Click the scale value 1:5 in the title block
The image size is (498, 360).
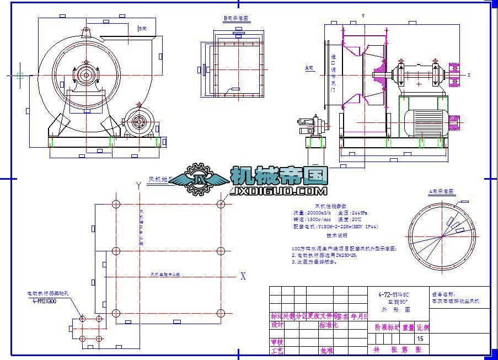[421, 338]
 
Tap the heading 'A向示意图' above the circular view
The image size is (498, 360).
[441, 192]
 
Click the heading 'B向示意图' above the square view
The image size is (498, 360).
[236, 18]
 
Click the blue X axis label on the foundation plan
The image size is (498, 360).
[243, 277]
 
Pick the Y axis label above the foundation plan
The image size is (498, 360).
[138, 186]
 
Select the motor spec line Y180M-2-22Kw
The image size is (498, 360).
[336, 227]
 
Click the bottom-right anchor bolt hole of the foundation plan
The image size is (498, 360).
[221, 314]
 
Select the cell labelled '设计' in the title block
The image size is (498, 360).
[277, 325]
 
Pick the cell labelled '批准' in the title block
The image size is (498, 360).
[326, 350]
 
